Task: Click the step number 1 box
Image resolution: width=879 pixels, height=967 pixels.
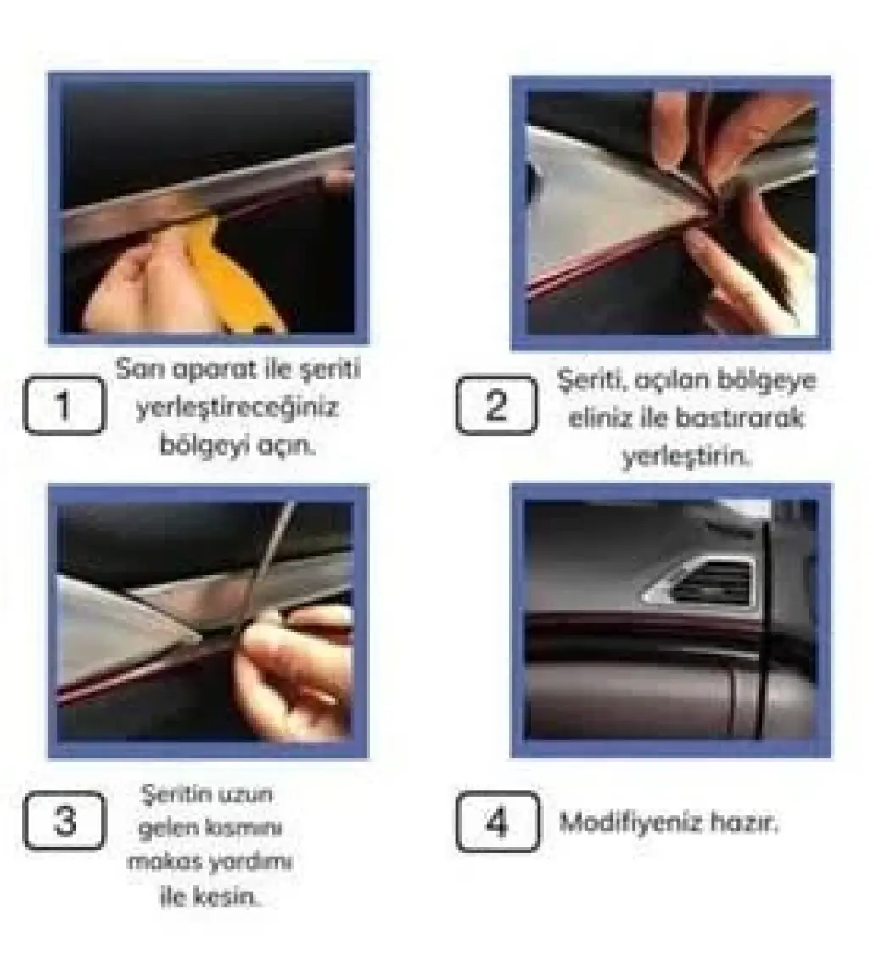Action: tap(64, 405)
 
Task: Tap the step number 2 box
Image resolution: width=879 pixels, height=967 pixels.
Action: tap(496, 405)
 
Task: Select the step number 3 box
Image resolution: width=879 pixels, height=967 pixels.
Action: tap(64, 820)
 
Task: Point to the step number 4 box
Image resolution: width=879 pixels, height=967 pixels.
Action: tap(497, 822)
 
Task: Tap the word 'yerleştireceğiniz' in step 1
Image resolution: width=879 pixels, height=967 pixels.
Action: tap(238, 408)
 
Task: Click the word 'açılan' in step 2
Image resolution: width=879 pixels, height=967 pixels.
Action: tap(670, 382)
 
